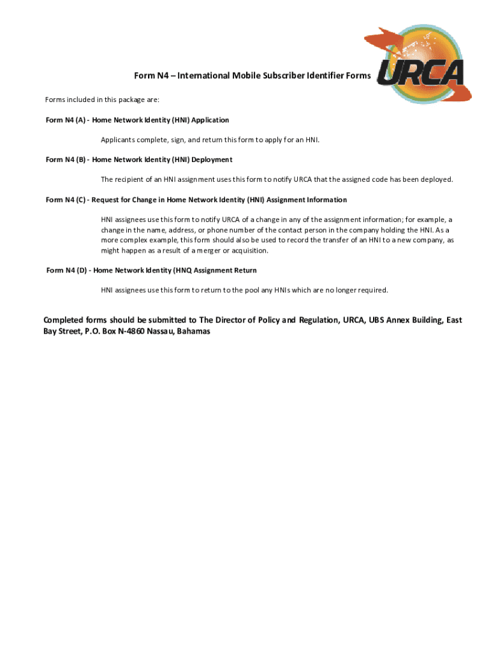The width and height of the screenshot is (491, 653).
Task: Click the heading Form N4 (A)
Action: tap(137, 120)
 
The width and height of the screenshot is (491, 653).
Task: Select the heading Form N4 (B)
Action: tap(139, 159)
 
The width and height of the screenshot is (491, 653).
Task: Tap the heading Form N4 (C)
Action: tap(196, 200)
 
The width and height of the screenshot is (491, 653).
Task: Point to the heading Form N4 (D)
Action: tap(152, 270)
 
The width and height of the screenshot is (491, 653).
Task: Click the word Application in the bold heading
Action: tap(208, 120)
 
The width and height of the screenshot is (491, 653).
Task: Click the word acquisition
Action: tap(246, 251)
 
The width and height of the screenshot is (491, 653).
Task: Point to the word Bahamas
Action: tap(193, 332)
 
